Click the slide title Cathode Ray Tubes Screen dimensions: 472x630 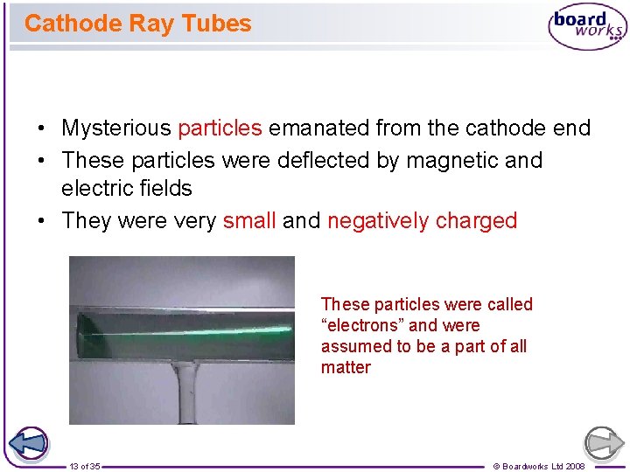coord(137,24)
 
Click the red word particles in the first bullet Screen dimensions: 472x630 coord(220,128)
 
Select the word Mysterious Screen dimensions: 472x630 coord(116,128)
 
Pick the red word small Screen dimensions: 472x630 coord(249,220)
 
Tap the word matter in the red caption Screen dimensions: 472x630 coord(346,367)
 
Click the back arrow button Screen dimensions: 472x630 coord(29,443)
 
